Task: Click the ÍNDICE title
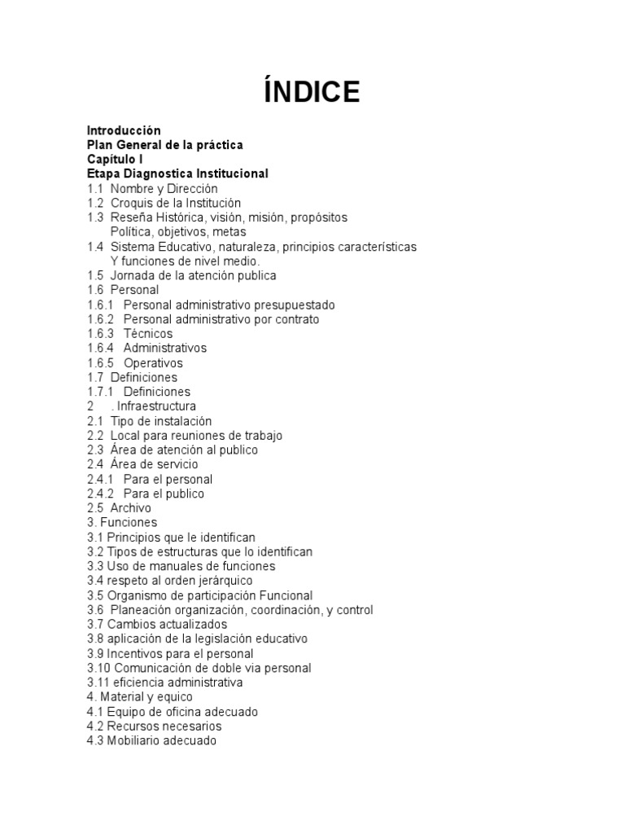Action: coord(312,92)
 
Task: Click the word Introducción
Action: coord(124,130)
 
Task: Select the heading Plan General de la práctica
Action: coord(165,145)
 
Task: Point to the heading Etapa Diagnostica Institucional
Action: coord(177,174)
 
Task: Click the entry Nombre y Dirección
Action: coord(164,188)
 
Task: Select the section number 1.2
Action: coord(95,203)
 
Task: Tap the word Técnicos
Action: coord(148,334)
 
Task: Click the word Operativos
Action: coord(153,363)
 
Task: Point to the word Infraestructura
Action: coord(158,406)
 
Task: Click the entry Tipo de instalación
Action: coord(161,421)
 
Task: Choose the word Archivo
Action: coord(131,508)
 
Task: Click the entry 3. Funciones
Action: coord(122,523)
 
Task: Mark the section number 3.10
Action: coord(100,669)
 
